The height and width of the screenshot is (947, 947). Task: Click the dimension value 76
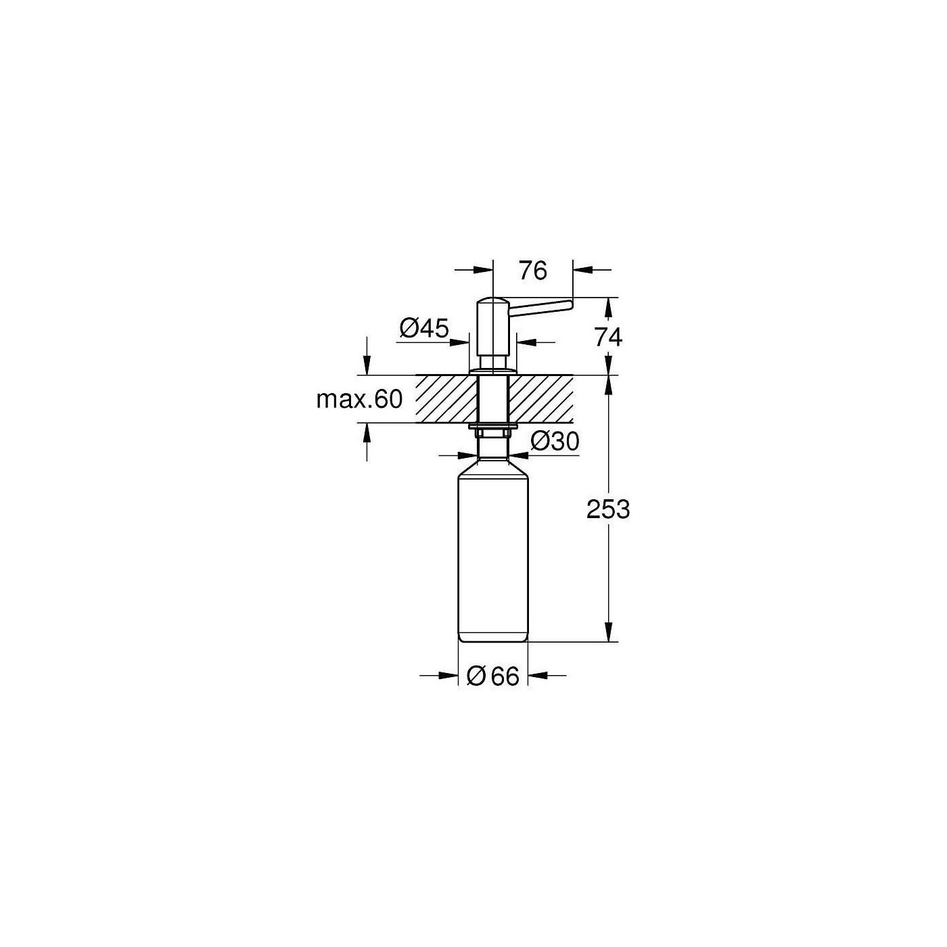coord(532,271)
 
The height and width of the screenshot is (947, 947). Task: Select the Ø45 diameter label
coord(424,329)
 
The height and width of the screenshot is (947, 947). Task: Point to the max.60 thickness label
coord(359,399)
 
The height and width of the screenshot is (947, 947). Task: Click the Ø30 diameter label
coord(555,442)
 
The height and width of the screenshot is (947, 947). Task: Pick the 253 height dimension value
coord(608,509)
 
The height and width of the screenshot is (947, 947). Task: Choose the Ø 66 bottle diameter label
coord(493,676)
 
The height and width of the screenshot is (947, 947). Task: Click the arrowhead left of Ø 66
coord(449,675)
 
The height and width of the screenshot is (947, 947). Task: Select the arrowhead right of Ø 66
coord(537,675)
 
